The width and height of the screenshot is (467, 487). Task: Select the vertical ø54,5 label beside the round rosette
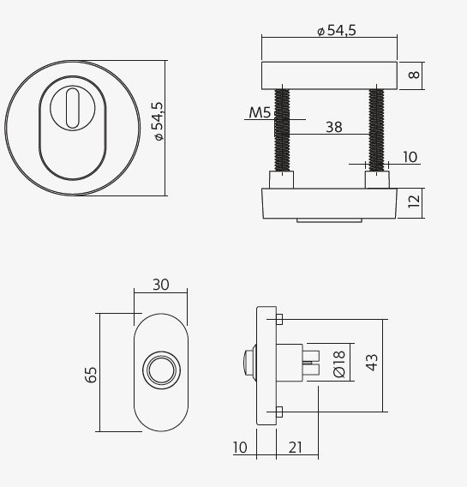(158, 121)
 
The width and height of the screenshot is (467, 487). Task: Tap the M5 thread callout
(259, 112)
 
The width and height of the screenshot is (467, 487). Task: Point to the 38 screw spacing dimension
(333, 127)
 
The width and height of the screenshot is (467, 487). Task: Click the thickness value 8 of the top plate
(414, 75)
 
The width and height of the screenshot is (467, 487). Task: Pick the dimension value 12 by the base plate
(414, 203)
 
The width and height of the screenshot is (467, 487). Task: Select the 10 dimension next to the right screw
(409, 157)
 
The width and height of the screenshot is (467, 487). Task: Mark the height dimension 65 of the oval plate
(92, 373)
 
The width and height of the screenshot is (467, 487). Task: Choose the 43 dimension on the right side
(371, 364)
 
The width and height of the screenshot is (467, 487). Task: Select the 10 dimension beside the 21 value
(239, 447)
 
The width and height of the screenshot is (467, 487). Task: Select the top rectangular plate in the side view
(329, 75)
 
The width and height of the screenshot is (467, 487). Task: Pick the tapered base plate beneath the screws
(329, 204)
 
